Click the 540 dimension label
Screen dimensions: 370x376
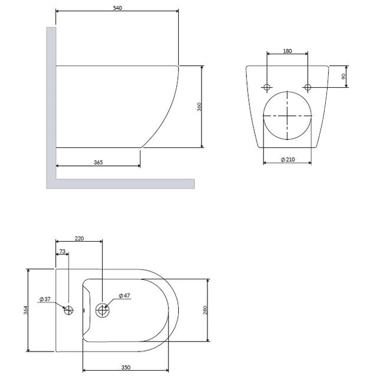click(x=117, y=8)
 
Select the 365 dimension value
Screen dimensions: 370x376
click(x=98, y=162)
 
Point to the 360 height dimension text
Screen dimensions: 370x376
click(x=199, y=107)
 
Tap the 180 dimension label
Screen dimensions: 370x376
click(x=288, y=51)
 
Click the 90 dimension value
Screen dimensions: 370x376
click(x=343, y=76)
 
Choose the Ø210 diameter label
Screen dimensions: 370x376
click(x=288, y=159)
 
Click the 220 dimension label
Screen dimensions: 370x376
click(x=79, y=238)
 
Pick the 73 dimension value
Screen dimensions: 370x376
click(x=62, y=251)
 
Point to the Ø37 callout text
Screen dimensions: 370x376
click(x=45, y=299)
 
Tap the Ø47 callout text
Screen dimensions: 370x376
click(x=124, y=295)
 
